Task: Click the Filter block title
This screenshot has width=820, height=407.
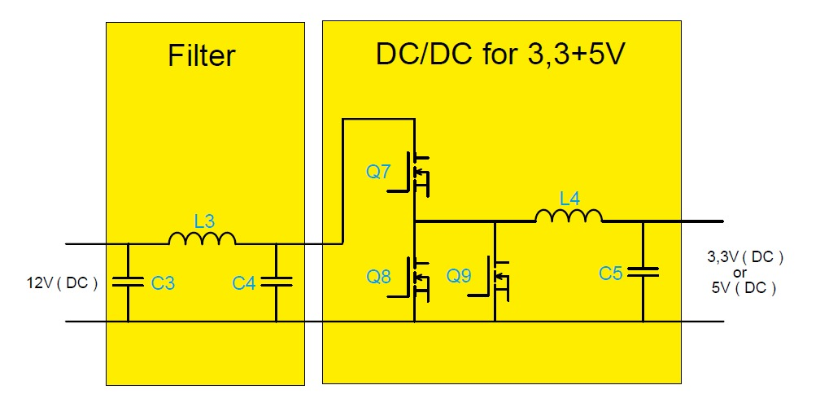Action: [201, 56]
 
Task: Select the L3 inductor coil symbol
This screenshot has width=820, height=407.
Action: [202, 239]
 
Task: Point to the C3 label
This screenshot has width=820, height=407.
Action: [163, 283]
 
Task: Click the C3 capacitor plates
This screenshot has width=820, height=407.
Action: [128, 282]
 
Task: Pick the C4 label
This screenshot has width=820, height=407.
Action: [244, 283]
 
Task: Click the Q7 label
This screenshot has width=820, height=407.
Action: [379, 173]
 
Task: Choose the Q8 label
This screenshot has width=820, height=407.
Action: [379, 276]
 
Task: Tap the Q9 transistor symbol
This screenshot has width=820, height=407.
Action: [495, 277]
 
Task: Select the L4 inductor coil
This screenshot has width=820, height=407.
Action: [569, 216]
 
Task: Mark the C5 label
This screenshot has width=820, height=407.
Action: [610, 274]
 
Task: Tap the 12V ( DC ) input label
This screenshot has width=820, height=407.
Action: [62, 283]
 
